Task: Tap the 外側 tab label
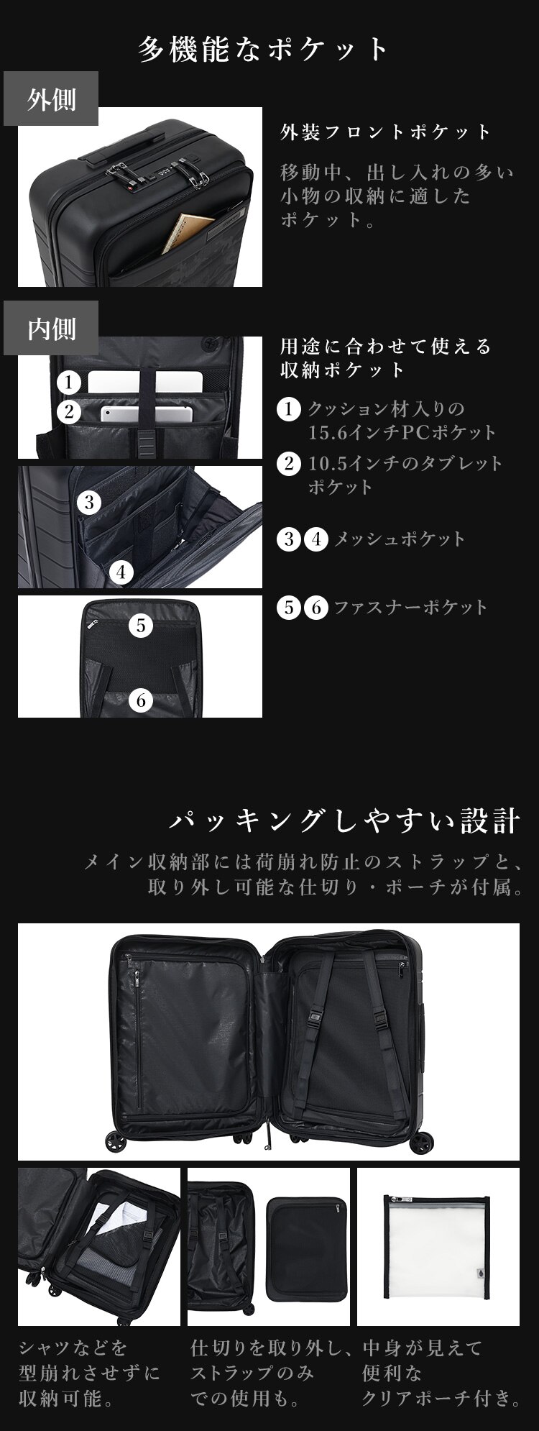[x=51, y=99]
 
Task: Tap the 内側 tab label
[x=51, y=329]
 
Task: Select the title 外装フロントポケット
[x=386, y=132]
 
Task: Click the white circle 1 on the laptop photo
[x=68, y=382]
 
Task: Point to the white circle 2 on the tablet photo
[x=68, y=411]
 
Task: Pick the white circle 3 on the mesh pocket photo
[x=89, y=502]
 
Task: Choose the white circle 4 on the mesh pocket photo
[x=122, y=572]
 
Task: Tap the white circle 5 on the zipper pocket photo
[x=141, y=626]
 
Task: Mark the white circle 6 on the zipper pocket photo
[x=141, y=700]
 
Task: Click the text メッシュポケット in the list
[x=400, y=539]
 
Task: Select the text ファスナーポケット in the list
[x=410, y=608]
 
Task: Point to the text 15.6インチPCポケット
[x=402, y=433]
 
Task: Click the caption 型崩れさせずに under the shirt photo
[x=90, y=1374]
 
